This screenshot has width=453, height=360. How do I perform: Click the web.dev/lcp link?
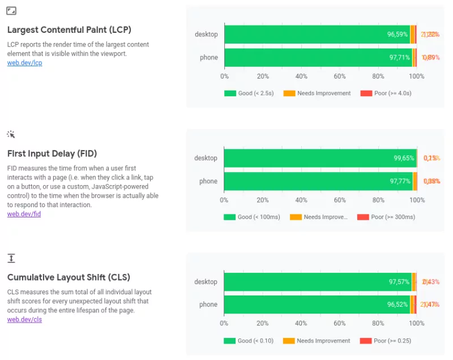(x=24, y=63)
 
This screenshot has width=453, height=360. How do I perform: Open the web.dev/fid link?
(x=24, y=214)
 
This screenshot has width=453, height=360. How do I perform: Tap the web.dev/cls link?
(x=24, y=319)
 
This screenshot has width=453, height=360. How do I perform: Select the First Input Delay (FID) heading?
(x=52, y=153)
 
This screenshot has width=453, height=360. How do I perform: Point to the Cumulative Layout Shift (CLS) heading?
(x=69, y=277)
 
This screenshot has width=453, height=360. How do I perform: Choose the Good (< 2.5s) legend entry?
(x=249, y=93)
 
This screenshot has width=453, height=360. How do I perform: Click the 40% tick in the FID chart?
(x=301, y=200)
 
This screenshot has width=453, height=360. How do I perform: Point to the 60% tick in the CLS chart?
(x=340, y=323)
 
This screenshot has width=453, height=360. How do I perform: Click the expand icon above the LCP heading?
(x=11, y=11)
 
